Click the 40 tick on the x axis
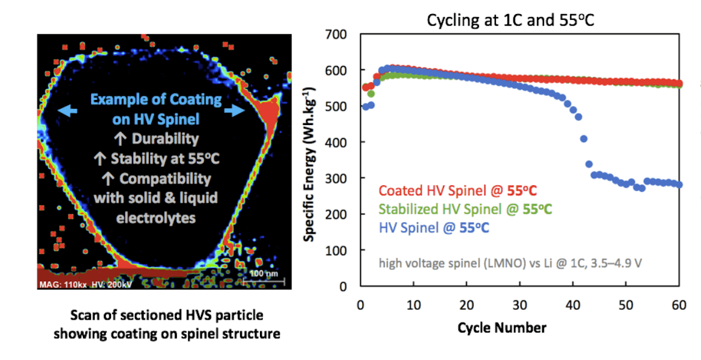572,304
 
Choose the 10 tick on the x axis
413,304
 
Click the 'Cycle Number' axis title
511,327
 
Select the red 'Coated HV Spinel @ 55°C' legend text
458,191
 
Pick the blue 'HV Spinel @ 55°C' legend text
434,227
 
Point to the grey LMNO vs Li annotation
509,263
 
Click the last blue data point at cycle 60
679,185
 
